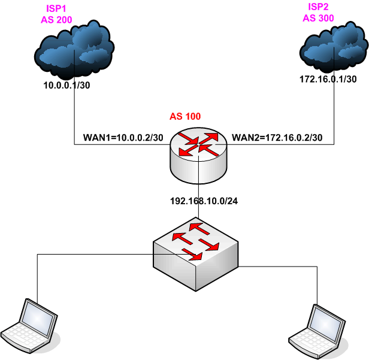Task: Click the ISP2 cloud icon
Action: point(332,48)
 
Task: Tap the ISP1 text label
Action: point(57,10)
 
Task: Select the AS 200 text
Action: point(58,20)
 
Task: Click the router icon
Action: point(197,154)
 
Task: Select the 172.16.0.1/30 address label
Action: point(328,79)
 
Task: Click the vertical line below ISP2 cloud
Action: point(333,114)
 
